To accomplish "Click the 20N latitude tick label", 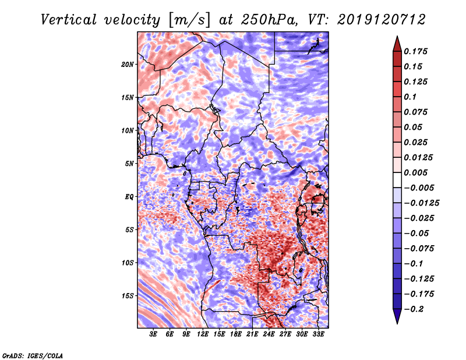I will (128, 64).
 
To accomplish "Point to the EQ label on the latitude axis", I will (129, 196).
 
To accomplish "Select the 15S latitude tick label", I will (128, 295).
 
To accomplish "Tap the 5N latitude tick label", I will (129, 163).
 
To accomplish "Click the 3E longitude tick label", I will (153, 334).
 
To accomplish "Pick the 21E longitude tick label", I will (252, 334).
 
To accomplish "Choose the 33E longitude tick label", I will (318, 334).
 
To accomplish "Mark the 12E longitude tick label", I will (203, 334).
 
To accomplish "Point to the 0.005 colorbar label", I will (418, 172).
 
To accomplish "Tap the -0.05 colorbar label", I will (418, 233).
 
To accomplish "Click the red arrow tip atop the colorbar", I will (397, 40).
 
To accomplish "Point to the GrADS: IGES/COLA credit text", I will (32, 354).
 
